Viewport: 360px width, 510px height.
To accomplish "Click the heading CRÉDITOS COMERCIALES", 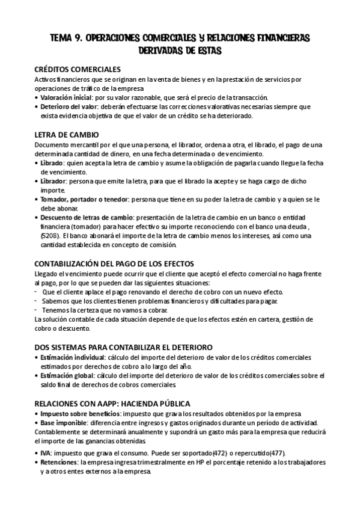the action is coord(78,69).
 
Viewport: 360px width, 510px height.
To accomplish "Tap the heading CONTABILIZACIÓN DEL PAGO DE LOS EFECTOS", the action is coord(120,264).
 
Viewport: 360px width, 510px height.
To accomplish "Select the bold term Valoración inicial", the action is coord(66,97).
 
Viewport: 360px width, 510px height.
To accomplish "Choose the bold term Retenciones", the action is coord(58,462).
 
